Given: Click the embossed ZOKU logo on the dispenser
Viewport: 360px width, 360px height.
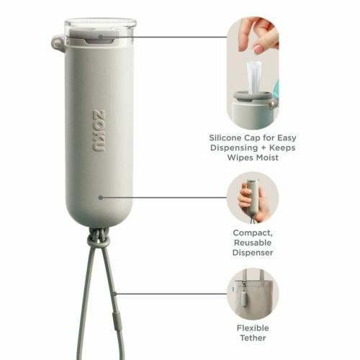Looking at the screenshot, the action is point(99,131).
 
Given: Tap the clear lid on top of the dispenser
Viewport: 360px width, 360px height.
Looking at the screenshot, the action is point(101,32).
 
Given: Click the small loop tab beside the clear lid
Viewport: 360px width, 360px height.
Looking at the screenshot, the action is point(58,42).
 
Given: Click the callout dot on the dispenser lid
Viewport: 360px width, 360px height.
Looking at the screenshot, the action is point(101,37).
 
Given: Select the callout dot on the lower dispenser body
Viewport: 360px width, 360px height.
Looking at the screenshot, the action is point(101,197).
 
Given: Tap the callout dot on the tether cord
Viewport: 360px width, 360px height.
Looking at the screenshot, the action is point(114,294).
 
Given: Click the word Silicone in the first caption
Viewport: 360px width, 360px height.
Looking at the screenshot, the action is point(225,138).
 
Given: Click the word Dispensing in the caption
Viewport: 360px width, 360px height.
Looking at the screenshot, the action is point(234,148).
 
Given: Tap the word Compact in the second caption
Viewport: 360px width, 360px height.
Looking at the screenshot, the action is point(253,233).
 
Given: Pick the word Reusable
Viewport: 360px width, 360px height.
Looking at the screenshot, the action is point(253,243).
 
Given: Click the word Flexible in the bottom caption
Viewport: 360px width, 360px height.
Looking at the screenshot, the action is point(253,328).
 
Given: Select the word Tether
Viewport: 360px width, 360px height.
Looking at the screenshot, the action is point(253,338).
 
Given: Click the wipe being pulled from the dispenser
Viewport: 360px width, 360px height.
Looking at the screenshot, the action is point(253,77).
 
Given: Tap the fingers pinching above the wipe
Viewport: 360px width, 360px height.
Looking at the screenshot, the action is point(258,34).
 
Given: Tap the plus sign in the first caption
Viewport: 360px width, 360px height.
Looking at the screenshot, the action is point(264,148).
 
